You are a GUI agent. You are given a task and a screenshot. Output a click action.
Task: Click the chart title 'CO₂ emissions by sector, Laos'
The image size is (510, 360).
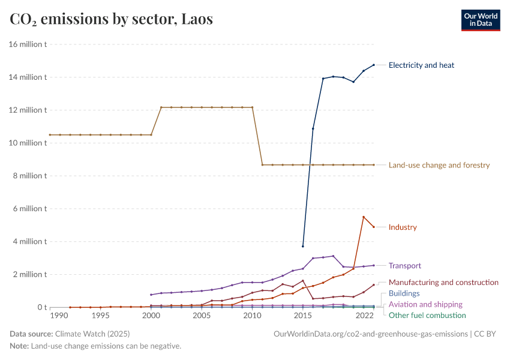111,19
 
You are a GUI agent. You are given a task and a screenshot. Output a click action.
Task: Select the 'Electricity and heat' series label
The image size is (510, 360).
425,65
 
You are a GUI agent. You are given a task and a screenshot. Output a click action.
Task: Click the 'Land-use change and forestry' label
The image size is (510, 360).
439,165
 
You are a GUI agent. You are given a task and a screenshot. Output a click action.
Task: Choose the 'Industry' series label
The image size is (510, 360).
403,227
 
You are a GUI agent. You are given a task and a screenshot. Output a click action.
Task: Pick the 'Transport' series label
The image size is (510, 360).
404,266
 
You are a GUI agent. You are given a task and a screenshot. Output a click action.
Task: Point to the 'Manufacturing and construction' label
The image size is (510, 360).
443,282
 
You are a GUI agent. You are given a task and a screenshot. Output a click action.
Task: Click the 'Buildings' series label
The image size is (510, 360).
404,293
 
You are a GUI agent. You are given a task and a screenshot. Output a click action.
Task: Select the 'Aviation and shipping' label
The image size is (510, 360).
425,305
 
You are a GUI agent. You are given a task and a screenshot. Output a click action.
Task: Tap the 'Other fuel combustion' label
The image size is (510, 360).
427,315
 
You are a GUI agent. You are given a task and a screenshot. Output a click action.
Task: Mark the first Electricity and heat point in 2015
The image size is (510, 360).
303,246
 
